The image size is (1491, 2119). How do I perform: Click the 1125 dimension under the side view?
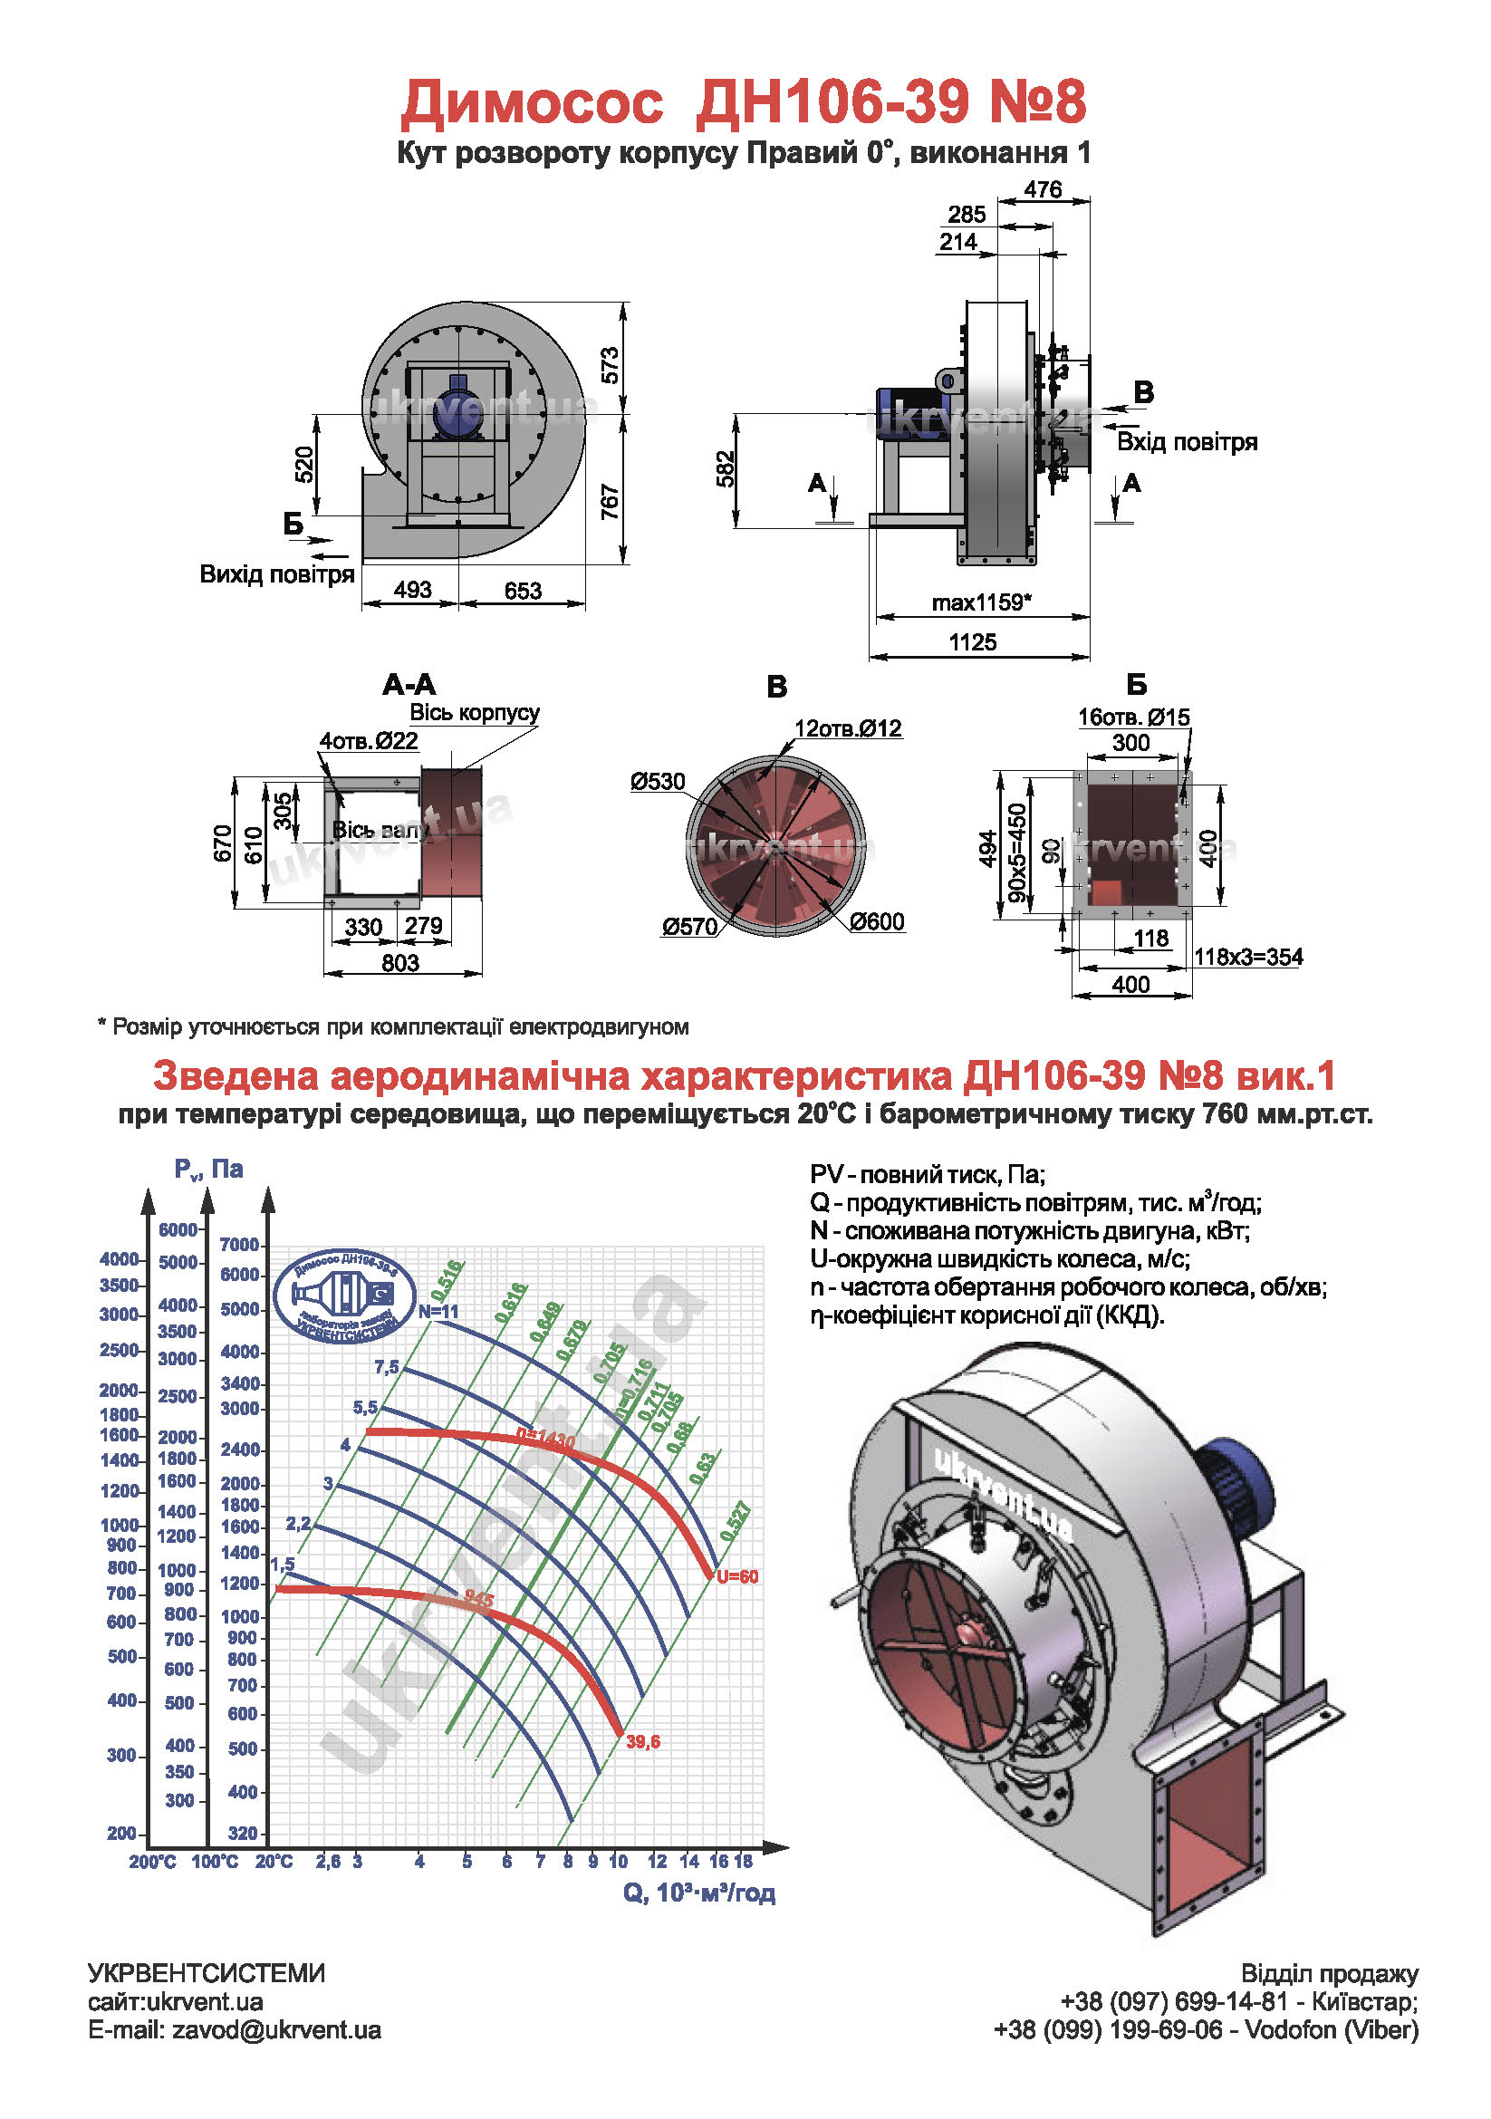(x=973, y=642)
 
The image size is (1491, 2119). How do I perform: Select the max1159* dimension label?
(x=981, y=602)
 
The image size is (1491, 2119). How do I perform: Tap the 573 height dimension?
(x=610, y=365)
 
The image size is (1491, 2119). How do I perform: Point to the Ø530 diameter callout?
(x=658, y=782)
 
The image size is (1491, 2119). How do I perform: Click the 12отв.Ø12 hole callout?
(x=848, y=728)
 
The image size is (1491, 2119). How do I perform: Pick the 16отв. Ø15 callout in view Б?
(x=1134, y=718)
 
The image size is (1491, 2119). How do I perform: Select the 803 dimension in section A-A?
(x=400, y=963)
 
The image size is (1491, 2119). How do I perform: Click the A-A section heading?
(x=409, y=685)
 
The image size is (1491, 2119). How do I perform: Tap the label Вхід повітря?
(x=1187, y=442)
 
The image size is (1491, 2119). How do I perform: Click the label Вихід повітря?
(x=277, y=574)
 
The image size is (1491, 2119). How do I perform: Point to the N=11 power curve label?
(x=438, y=1312)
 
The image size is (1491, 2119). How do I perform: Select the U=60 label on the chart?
(x=737, y=1577)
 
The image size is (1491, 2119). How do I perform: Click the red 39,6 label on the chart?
(x=643, y=1742)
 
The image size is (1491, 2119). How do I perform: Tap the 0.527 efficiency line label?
(x=736, y=1522)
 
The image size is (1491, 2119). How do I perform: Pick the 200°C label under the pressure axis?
(x=152, y=1862)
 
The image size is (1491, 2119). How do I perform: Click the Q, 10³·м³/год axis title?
(x=698, y=1893)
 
